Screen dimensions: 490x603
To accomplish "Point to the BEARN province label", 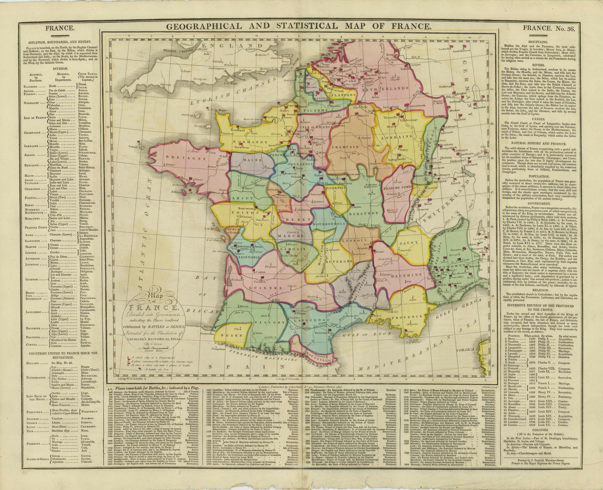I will [x=232, y=335].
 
